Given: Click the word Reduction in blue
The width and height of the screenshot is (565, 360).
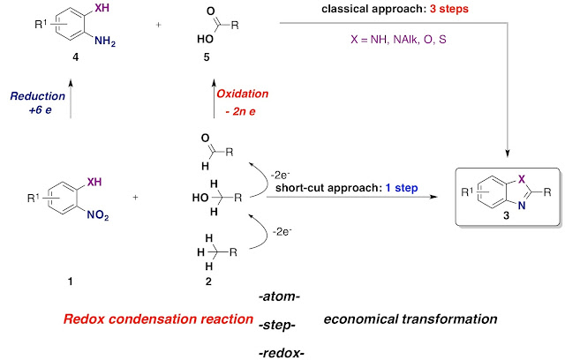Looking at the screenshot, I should pyautogui.click(x=39, y=94).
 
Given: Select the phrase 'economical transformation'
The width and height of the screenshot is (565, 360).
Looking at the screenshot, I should pyautogui.click(x=410, y=319).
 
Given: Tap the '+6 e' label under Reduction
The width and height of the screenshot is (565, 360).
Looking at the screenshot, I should pyautogui.click(x=41, y=111).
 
